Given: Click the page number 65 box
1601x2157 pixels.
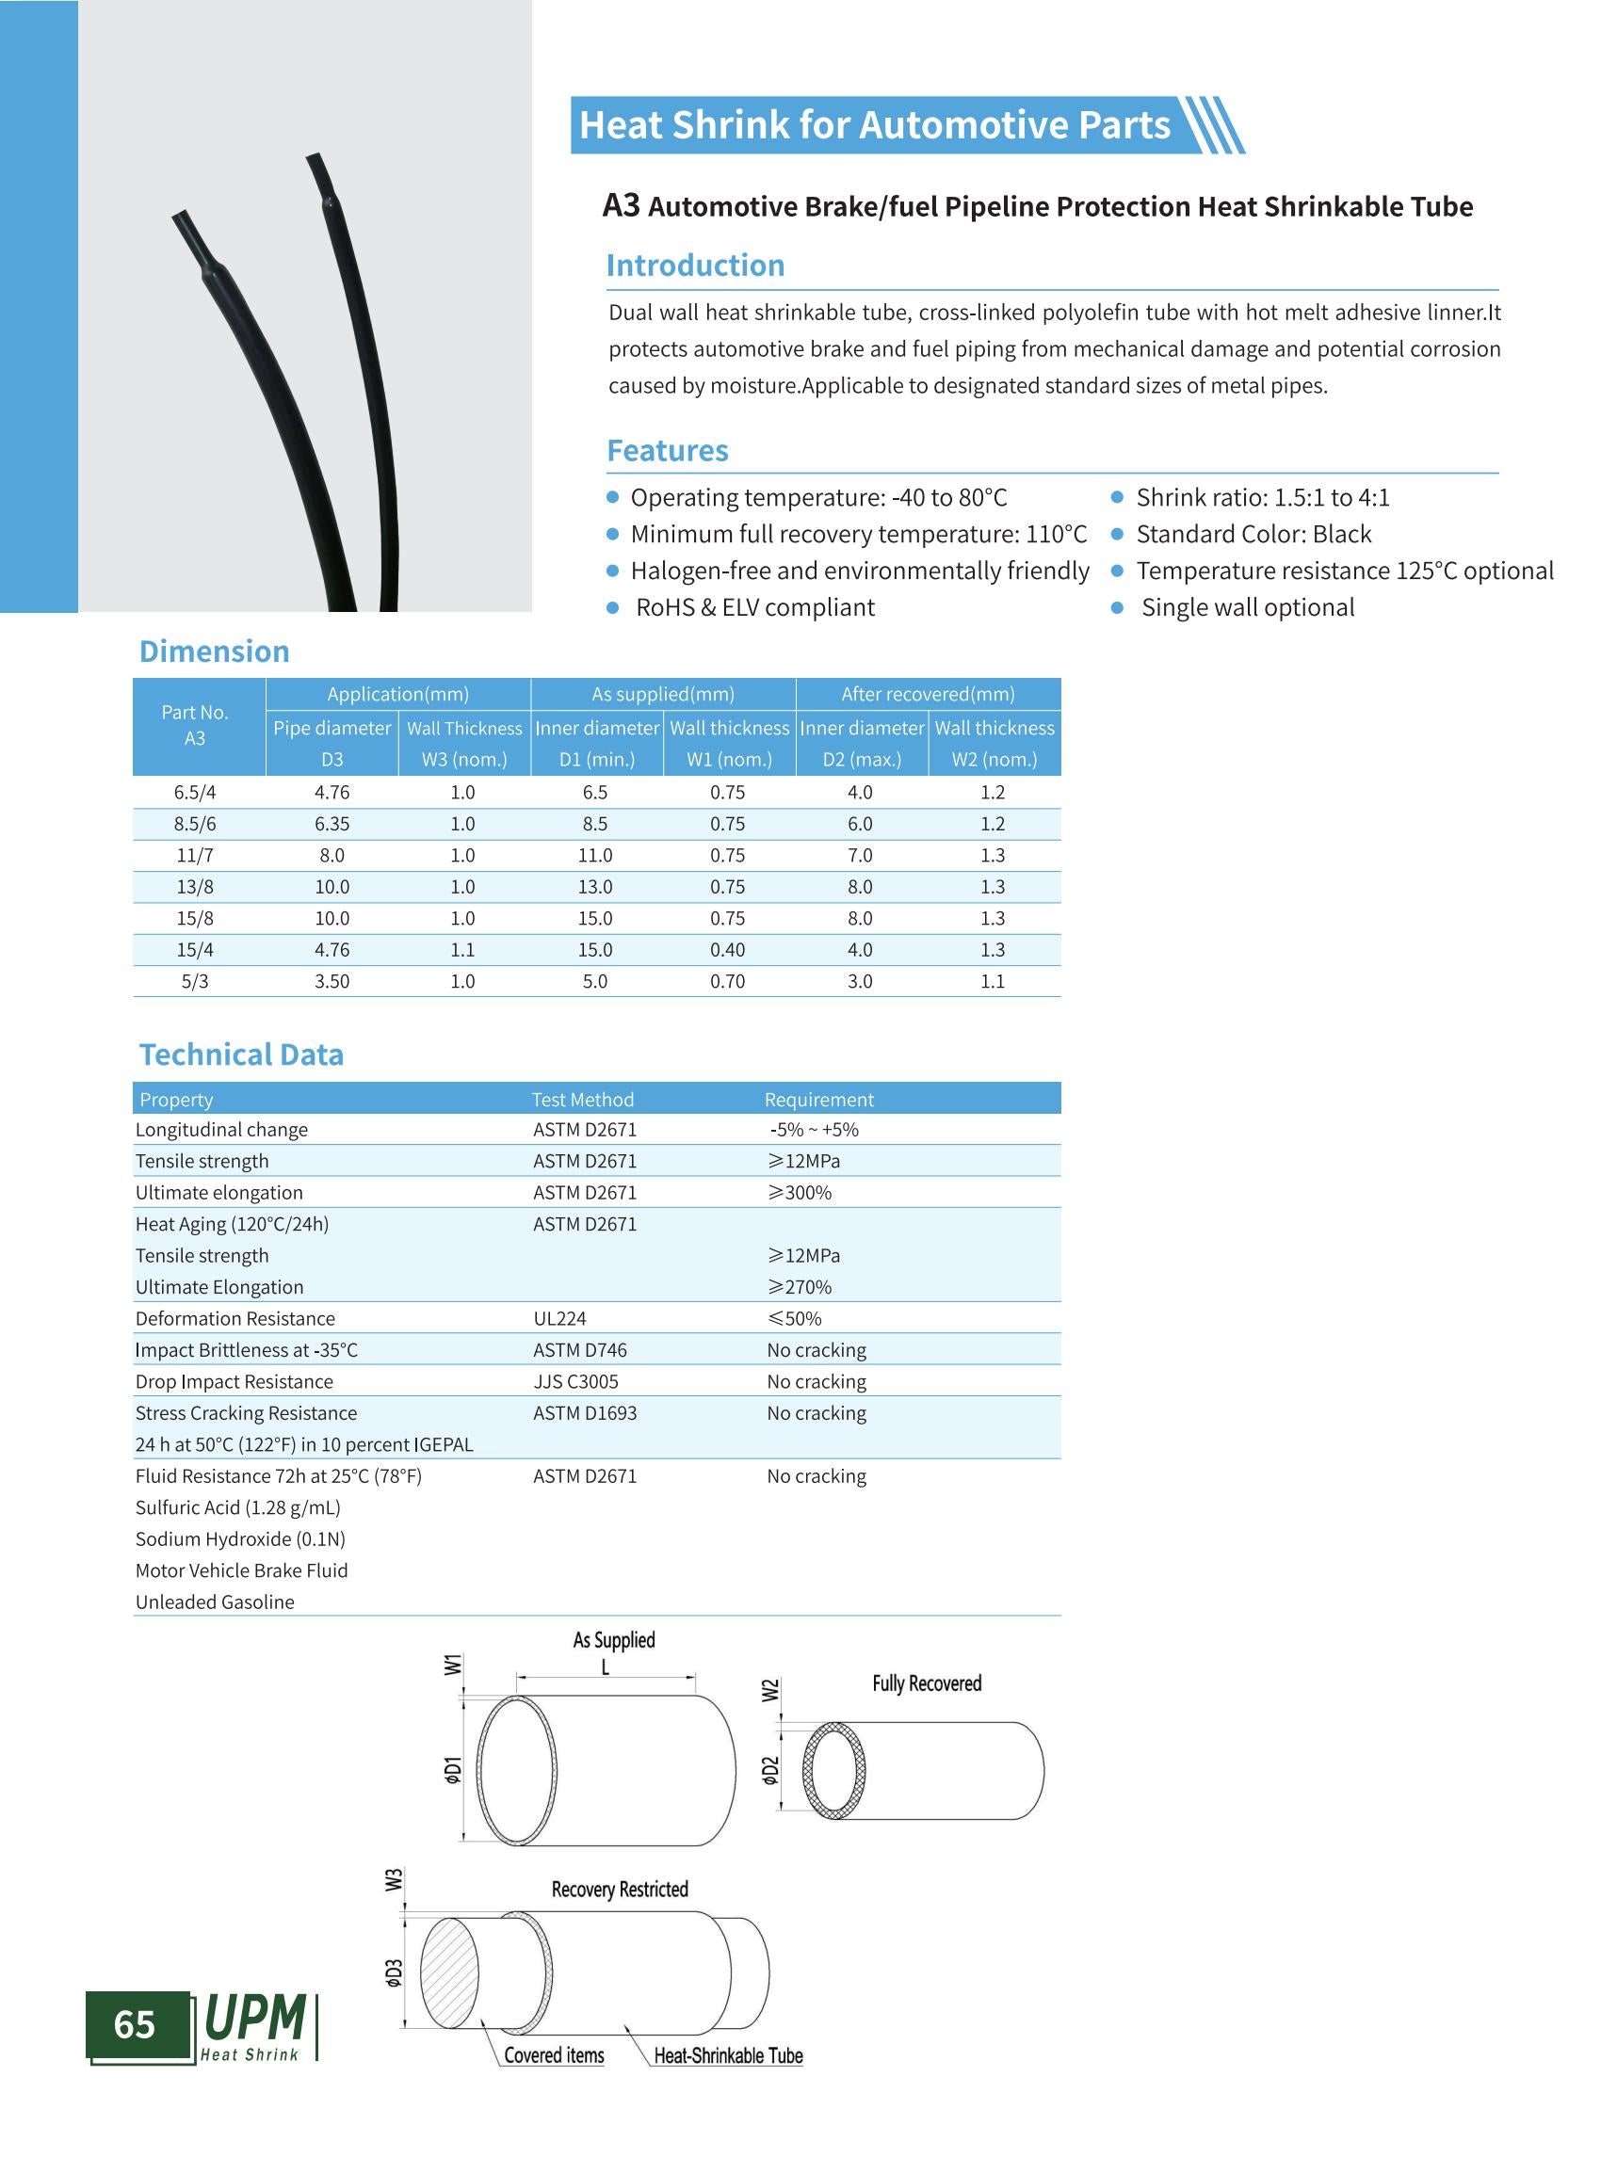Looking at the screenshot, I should [136, 2024].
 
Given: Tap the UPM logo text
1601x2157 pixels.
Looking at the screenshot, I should [255, 2019].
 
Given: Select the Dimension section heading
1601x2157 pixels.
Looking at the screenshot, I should [214, 652].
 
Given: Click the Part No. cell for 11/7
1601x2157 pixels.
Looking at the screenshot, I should [195, 856].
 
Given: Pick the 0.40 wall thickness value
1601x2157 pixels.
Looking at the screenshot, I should [727, 950].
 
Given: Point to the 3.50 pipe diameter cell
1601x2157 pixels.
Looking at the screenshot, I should [332, 982].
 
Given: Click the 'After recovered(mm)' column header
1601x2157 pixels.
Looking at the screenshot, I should [928, 694].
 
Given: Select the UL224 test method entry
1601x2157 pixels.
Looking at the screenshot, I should [559, 1319].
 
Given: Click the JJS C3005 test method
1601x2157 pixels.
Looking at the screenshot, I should [575, 1382].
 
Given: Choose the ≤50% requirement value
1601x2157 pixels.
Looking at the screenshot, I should [795, 1319].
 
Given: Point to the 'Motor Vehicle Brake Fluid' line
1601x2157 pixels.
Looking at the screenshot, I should [241, 1570].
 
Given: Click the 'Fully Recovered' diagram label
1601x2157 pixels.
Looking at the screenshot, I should [927, 1683].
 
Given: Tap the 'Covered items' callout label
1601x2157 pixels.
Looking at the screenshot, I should [554, 2055].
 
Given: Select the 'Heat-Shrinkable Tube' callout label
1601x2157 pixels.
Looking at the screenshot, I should [728, 2056].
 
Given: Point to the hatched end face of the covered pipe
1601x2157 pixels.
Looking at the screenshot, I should [449, 1972].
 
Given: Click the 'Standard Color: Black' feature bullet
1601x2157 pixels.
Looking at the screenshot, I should [1253, 534].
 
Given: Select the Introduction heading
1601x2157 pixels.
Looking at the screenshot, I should [695, 266].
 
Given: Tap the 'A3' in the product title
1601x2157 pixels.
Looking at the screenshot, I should [622, 205].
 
